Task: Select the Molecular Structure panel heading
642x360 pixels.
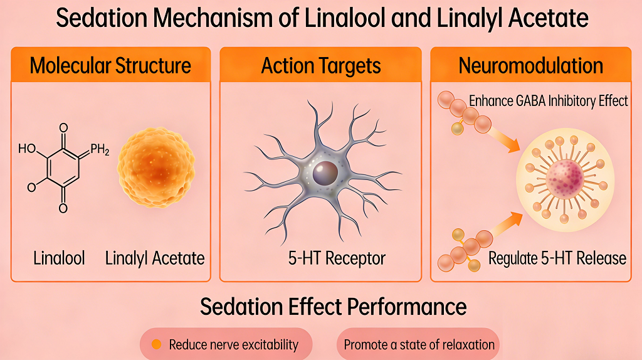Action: pos(110,65)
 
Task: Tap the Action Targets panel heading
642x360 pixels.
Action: pos(320,65)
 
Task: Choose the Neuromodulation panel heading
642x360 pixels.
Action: pos(531,65)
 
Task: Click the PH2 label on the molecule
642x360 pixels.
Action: pos(100,149)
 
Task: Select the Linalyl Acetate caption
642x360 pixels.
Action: pos(155,258)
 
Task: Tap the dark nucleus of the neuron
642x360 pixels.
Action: pos(325,172)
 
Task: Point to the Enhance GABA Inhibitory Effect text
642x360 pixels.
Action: pos(549,100)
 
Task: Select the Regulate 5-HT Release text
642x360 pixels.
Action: pos(557,258)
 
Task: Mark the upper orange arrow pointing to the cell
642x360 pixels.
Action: pos(505,139)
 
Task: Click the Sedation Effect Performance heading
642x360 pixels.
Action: pos(333,307)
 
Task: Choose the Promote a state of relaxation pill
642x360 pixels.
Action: pos(419,344)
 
